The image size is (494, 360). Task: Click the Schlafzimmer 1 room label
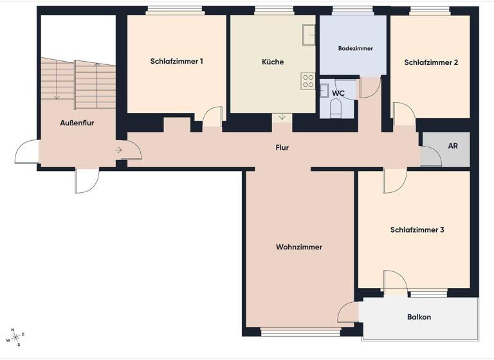click(x=177, y=62)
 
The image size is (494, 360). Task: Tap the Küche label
click(x=273, y=62)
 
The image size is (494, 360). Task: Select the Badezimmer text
click(x=356, y=48)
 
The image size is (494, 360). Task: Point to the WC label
click(x=339, y=93)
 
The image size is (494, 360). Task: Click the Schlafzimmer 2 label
click(x=431, y=62)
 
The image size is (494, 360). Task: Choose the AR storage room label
click(x=453, y=147)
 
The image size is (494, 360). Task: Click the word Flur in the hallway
click(x=282, y=147)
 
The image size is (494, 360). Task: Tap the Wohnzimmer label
click(x=299, y=247)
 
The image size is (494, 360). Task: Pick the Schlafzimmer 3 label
click(x=417, y=230)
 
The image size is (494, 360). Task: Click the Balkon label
click(x=419, y=317)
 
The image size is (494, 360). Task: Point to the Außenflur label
click(x=77, y=123)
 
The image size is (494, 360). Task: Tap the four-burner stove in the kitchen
click(x=308, y=81)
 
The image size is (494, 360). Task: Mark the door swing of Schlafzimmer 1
click(x=212, y=119)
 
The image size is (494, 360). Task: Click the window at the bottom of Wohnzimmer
click(x=301, y=332)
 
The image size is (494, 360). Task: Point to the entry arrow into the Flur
click(x=120, y=150)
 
